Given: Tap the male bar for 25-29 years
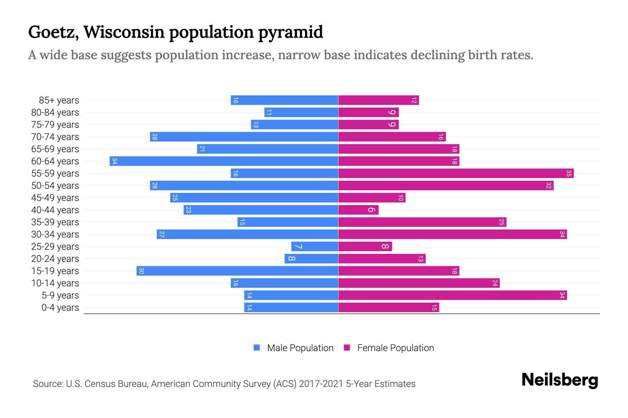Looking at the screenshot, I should click(x=315, y=247).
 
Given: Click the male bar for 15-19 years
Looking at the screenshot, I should click(x=237, y=271).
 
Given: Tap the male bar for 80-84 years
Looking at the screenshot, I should click(x=301, y=113).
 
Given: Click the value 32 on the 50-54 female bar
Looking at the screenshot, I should click(x=549, y=186).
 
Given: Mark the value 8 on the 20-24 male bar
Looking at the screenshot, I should click(x=292, y=259).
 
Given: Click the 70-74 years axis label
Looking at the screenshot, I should click(x=55, y=137).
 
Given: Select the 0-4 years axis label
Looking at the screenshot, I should click(x=60, y=308).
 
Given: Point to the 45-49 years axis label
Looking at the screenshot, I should click(x=55, y=198).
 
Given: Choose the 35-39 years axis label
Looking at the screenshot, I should click(x=55, y=222).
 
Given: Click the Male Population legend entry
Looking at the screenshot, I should click(x=300, y=348).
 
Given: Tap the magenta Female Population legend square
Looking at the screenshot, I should click(x=347, y=348).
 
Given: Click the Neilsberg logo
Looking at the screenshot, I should click(x=560, y=380).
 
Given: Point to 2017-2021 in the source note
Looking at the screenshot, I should click(x=321, y=384).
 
